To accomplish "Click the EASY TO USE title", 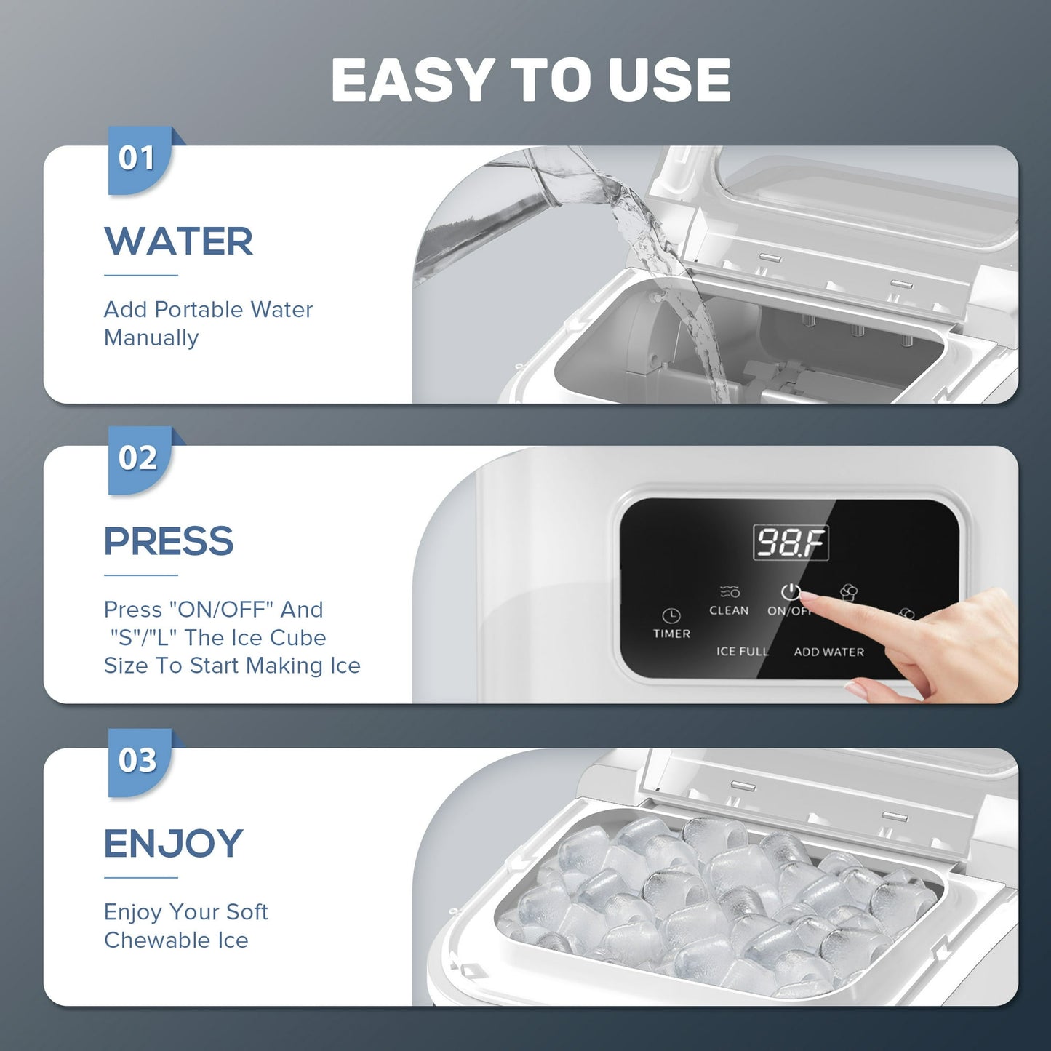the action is point(530,79).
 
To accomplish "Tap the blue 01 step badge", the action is point(140,160).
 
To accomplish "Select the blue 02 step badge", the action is point(140,460).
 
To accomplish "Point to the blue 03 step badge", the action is point(140,762).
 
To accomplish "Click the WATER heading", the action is point(178,241).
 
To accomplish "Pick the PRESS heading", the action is point(169,541).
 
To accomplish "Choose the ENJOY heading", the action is point(173,843).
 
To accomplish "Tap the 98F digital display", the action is point(791,543).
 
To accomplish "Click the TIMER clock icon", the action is point(671,616).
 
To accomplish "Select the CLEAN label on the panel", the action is point(729,610).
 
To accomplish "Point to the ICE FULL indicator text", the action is point(743,651).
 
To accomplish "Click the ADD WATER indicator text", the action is point(829,652).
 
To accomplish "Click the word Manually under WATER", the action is point(151,338).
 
